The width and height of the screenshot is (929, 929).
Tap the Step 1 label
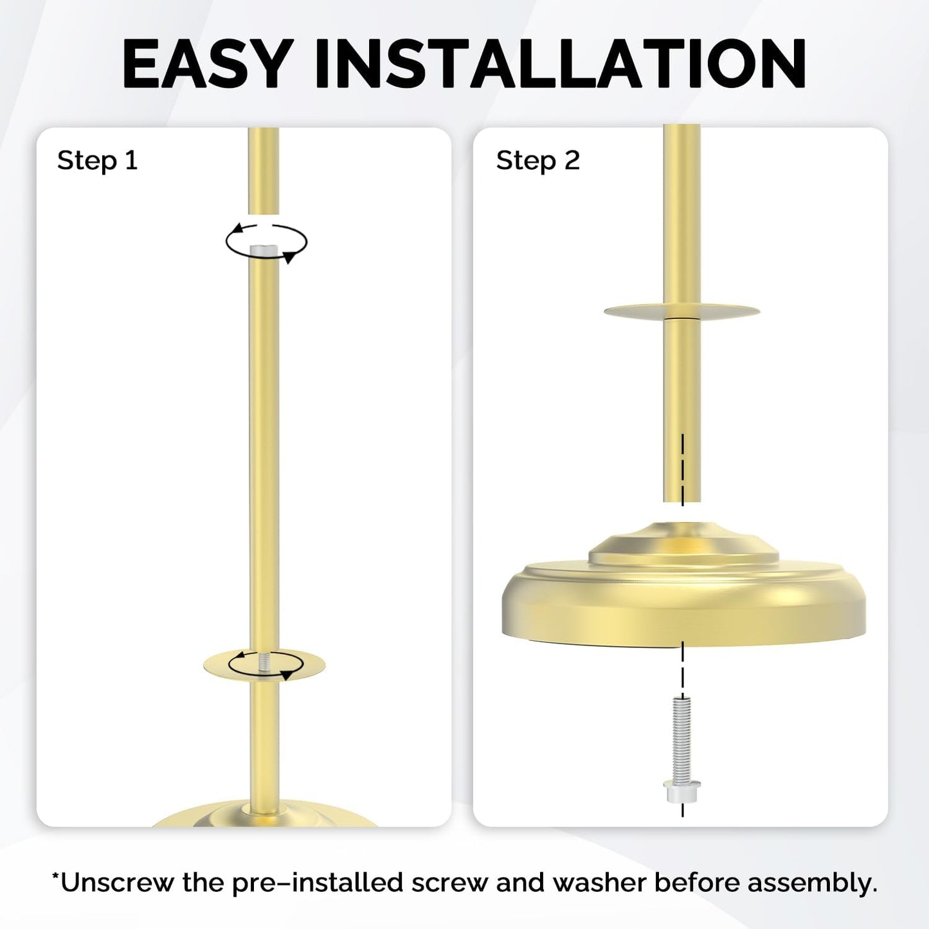pyautogui.click(x=97, y=161)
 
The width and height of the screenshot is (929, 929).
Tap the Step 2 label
pyautogui.click(x=537, y=161)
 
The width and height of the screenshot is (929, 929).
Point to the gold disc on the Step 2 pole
pyautogui.click(x=681, y=311)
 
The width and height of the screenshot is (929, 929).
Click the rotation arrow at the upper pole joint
pyautogui.click(x=266, y=242)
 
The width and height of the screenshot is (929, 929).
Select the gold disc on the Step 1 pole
pyautogui.click(x=264, y=665)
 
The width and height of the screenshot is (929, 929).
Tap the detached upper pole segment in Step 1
pyautogui.click(x=263, y=170)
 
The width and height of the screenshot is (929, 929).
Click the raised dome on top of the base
pyautogui.click(x=683, y=545)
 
